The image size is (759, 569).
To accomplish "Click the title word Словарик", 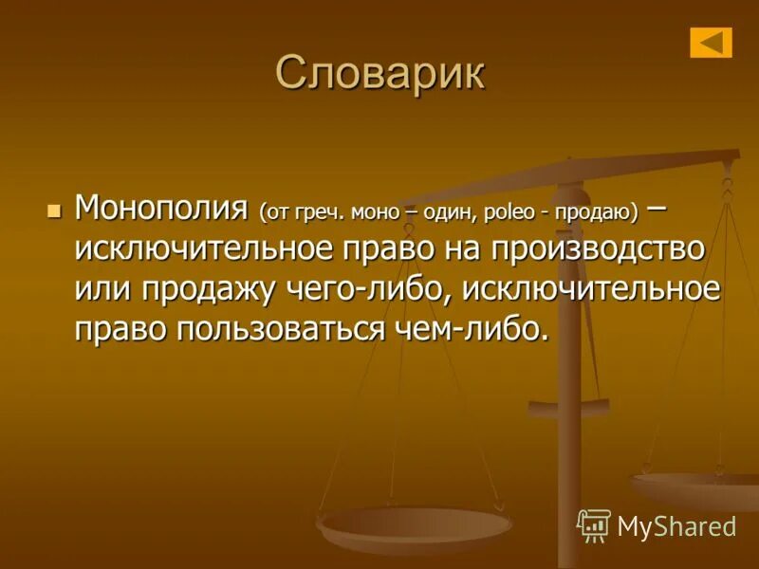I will pos(379,74).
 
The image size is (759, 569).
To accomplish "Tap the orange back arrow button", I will pos(711,42).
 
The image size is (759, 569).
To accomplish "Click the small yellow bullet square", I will pos(53,209).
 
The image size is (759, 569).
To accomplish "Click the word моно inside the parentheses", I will pos(384,211).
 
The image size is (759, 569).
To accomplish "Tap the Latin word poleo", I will pos(509,211).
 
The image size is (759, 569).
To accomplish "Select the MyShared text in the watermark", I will pos(676,526).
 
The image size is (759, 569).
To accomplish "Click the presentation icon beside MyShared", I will pos(594,524).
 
